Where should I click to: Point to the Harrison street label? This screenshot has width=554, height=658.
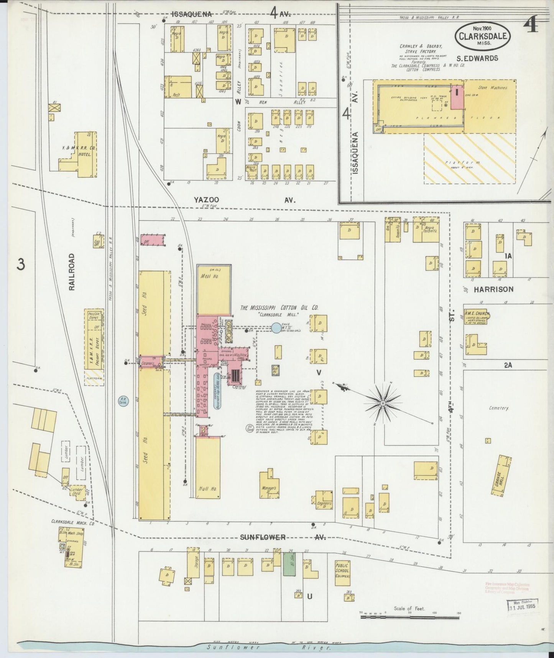(493, 289)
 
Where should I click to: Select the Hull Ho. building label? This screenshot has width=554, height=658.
(207, 489)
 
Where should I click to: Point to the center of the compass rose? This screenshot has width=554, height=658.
(383, 403)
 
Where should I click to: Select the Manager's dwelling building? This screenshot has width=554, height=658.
(271, 485)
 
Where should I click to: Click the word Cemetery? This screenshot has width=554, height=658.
(498, 408)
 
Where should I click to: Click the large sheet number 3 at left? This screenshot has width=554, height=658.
(21, 264)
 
